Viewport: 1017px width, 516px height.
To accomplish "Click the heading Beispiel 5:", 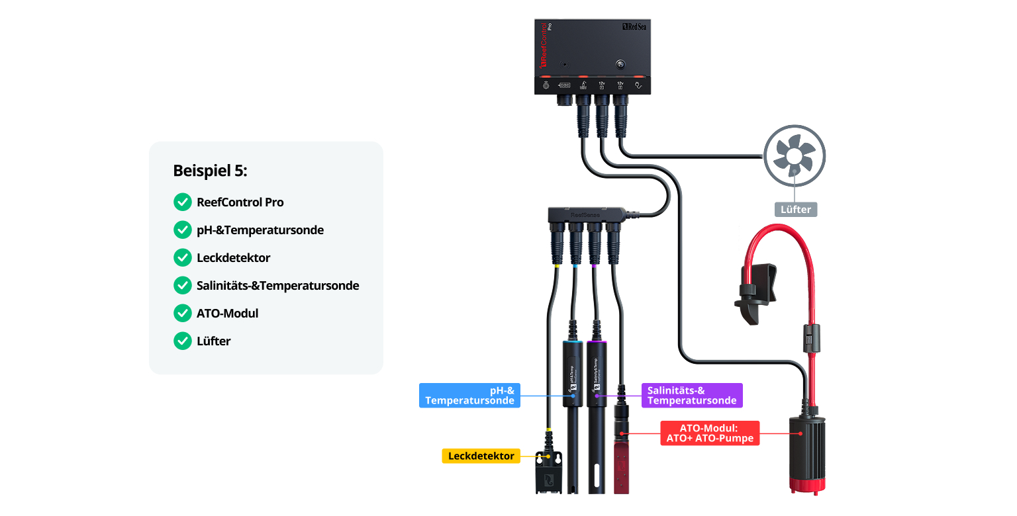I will click(210, 170).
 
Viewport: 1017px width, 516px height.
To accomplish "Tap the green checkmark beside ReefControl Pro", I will click(182, 202).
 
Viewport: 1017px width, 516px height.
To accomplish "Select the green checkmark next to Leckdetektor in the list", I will click(182, 257).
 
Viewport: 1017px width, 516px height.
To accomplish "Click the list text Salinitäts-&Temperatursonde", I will click(277, 286).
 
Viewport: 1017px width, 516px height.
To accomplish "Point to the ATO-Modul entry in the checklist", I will click(227, 314).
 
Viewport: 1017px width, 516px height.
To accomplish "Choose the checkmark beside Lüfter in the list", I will click(182, 341).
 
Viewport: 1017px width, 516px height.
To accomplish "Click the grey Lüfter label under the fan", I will click(795, 209).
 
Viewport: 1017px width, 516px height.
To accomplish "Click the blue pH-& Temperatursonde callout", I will click(469, 395).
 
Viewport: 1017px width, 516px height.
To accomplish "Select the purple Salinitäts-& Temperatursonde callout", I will click(692, 395).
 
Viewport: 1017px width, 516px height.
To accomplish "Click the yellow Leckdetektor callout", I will click(481, 456).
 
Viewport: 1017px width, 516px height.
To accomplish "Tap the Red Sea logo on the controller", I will click(634, 27).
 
